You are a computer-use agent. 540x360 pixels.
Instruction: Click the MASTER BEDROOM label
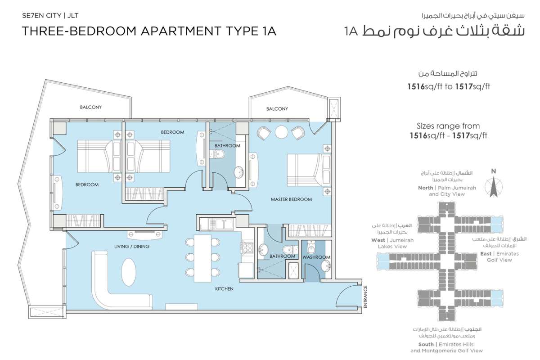[291, 199]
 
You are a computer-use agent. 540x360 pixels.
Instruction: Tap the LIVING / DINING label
[131, 247]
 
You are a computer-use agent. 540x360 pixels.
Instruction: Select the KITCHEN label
[224, 288]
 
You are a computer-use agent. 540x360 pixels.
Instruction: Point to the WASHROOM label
[316, 257]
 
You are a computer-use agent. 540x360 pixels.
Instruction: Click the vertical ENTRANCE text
[365, 297]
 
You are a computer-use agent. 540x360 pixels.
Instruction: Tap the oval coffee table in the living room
[129, 272]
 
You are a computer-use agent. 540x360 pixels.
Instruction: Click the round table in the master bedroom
[281, 132]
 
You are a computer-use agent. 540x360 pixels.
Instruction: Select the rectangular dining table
[202, 258]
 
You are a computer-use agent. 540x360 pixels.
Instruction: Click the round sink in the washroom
[326, 266]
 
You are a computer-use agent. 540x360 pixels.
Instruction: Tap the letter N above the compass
[494, 171]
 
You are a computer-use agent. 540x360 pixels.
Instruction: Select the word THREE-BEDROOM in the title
[79, 31]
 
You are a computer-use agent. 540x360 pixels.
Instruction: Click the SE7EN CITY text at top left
[41, 16]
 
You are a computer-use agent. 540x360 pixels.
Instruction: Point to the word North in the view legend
[426, 188]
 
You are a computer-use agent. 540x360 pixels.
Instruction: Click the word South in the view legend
[426, 344]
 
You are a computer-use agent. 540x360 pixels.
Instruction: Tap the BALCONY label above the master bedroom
[277, 109]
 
